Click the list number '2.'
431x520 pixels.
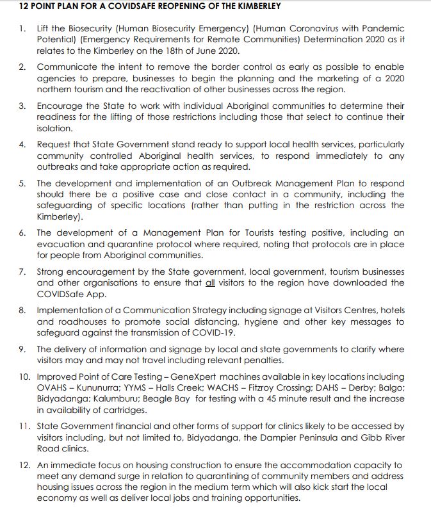pos(22,67)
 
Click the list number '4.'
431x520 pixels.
pos(22,145)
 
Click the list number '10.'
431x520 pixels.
pos(24,377)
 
